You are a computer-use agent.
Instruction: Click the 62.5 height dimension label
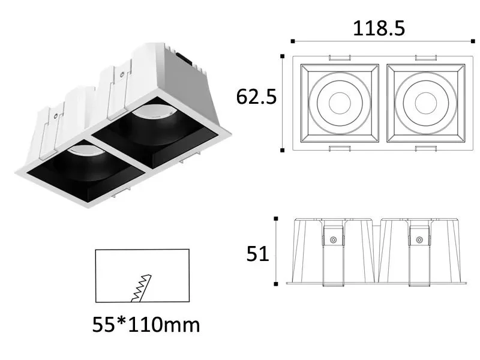click(256, 96)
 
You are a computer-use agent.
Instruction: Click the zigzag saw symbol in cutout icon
click(140, 287)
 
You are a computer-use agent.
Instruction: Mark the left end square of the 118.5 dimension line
click(292, 41)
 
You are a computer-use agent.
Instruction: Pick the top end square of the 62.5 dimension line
click(282, 56)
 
